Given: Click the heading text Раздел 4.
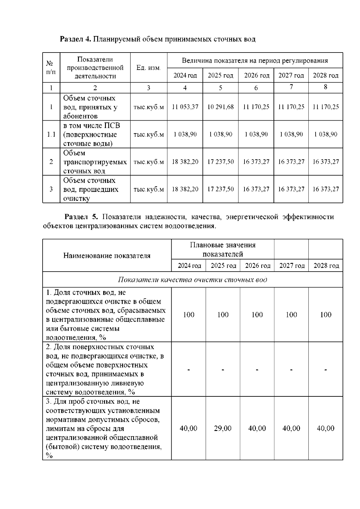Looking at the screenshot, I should pos(75,39).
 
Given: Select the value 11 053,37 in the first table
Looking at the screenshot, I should pos(185,107).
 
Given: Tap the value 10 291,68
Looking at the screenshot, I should pos(220,107).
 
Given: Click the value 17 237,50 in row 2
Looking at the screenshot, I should pos(220,162).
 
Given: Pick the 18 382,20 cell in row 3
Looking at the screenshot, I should pos(185,189).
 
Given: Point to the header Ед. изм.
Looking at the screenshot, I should pos(148,68).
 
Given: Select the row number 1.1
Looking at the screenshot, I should pos(51,134).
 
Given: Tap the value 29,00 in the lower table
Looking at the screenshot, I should pos(223,428).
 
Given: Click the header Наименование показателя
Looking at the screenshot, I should pos(107,256).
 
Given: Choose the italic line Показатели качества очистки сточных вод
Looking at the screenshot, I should pos(192,280).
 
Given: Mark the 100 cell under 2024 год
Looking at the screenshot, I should pos(188,315).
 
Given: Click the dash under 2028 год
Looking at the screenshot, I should pos(325,370).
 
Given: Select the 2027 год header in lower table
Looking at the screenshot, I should pos(292,266).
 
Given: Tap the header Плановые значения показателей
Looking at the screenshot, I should pos(223,249).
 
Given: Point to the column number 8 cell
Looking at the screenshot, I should pos(325,87).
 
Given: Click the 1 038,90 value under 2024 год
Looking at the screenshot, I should pos(185,134).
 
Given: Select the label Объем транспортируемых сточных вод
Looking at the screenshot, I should pos(95,162).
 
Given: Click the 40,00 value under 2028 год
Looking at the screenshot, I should pos(325,428).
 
